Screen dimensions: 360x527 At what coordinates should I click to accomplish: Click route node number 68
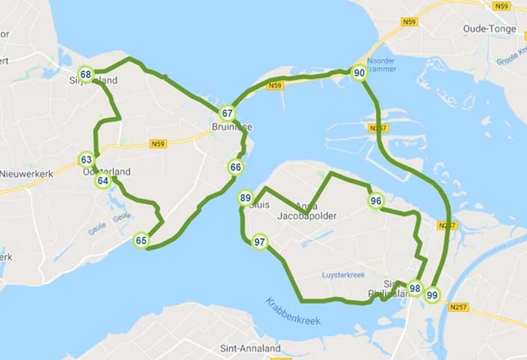86,75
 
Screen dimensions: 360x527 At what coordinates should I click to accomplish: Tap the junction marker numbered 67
227,114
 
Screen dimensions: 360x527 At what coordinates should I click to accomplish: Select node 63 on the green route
87,159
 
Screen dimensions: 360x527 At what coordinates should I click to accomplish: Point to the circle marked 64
102,180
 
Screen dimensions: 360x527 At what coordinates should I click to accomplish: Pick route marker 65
141,240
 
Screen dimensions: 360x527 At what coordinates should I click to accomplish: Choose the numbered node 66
235,167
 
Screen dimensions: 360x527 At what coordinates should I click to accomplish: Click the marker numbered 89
245,198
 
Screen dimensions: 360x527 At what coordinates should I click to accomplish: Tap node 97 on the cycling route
259,242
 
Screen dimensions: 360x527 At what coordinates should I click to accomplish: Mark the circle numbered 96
376,200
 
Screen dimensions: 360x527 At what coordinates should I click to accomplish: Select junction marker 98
415,289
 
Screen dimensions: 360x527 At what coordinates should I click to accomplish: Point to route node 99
432,295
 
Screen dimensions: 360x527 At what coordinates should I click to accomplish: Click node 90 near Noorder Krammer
360,72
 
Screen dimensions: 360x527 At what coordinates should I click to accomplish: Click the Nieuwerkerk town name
23,173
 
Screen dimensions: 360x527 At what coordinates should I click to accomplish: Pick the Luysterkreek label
342,275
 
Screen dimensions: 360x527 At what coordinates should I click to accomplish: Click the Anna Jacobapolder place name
306,211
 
